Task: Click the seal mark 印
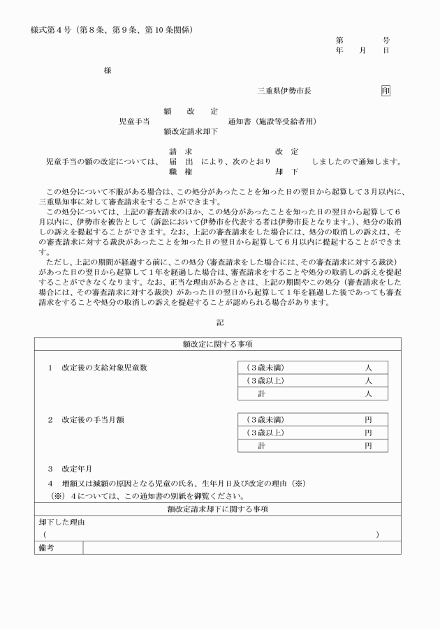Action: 386,91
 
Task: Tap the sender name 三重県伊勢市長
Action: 284,91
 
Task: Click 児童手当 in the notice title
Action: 134,121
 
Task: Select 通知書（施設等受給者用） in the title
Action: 272,121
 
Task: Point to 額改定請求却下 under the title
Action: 191,131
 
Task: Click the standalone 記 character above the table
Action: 220,322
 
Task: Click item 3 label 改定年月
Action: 77,470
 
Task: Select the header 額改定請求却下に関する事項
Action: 217,510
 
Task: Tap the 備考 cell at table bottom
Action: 45,548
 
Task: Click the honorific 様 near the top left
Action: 107,70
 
